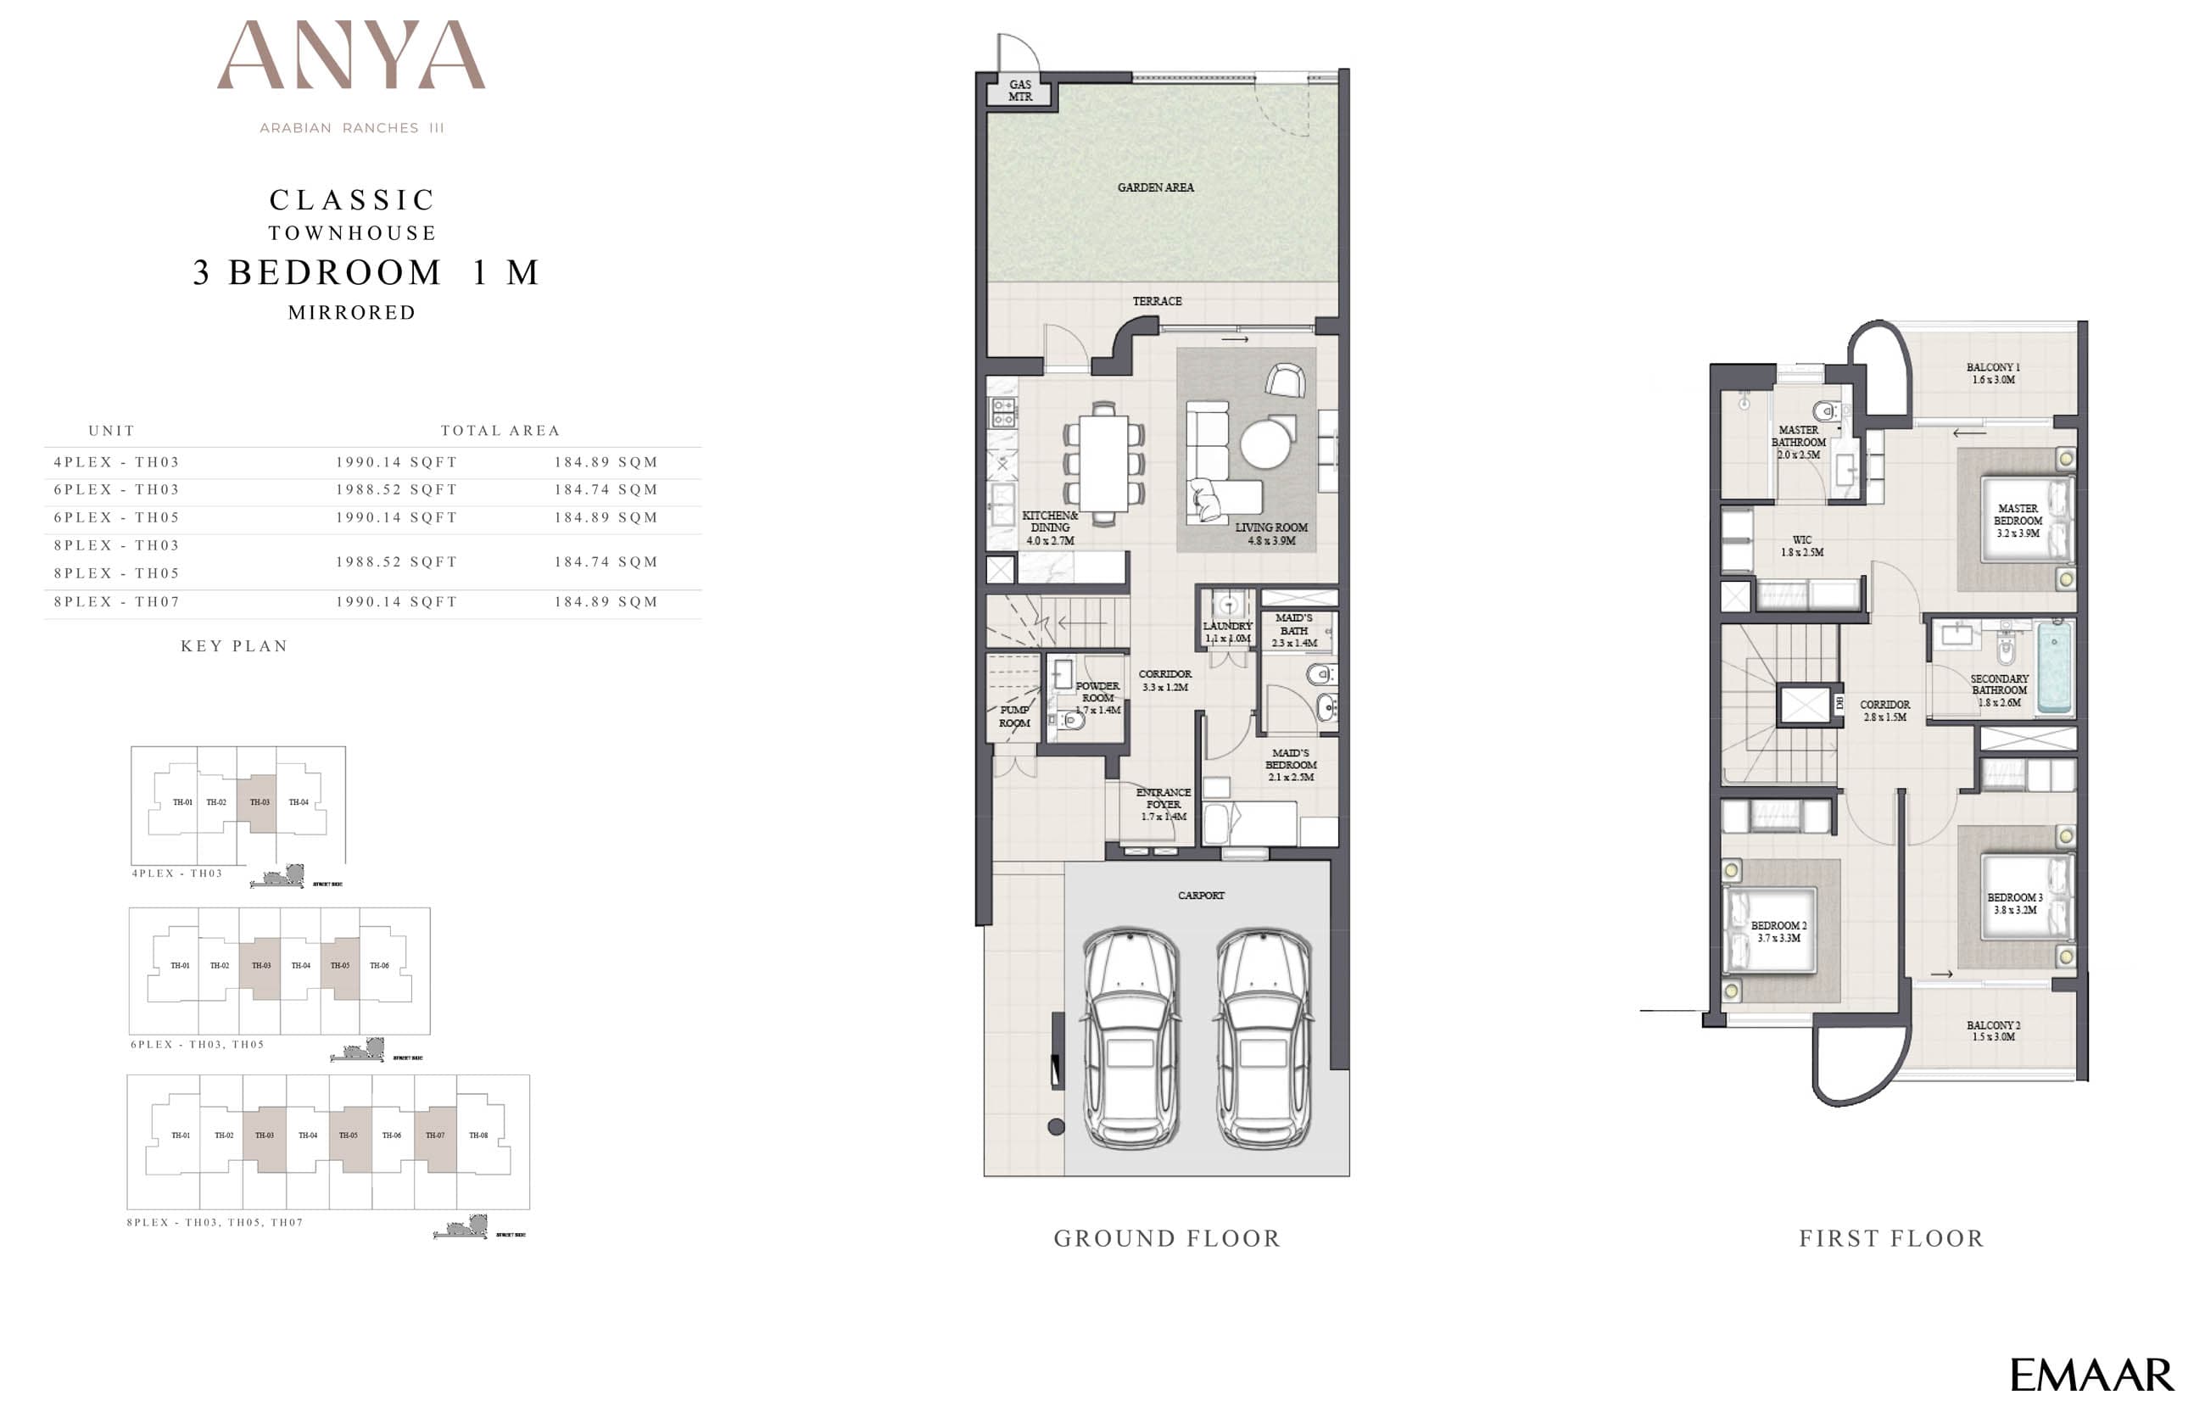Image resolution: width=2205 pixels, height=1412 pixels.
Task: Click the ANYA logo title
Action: pos(351,57)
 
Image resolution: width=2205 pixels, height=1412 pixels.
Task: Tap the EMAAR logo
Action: pos(2091,1375)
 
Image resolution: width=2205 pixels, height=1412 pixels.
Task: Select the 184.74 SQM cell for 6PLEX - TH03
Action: pos(606,489)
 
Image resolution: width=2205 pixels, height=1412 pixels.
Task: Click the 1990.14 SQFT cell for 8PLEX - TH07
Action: pos(396,601)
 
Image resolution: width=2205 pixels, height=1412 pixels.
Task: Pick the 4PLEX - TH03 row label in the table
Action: pos(116,462)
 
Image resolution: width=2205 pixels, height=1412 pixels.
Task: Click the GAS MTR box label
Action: pos(1019,91)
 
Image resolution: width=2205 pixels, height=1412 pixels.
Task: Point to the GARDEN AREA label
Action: pos(1155,188)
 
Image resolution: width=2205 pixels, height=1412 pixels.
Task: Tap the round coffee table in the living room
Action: pos(1267,444)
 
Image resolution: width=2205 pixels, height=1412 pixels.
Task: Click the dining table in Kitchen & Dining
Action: pos(1103,463)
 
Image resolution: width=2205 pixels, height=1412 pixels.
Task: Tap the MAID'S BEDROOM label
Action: pos(1291,765)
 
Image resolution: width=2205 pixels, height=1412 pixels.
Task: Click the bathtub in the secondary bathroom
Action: pos(2055,667)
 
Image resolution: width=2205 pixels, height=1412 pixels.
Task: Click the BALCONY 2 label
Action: pos(1993,1030)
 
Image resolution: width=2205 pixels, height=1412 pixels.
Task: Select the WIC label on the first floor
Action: pos(1801,546)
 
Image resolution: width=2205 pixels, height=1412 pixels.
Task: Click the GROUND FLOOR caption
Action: pos(1167,1239)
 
